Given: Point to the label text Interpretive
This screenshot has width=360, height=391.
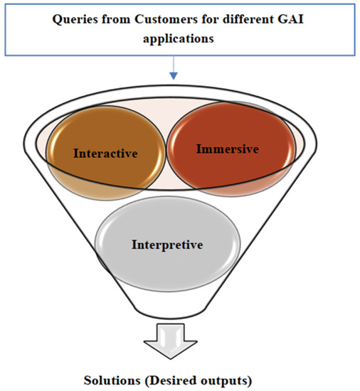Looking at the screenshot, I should pyautogui.click(x=167, y=245).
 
